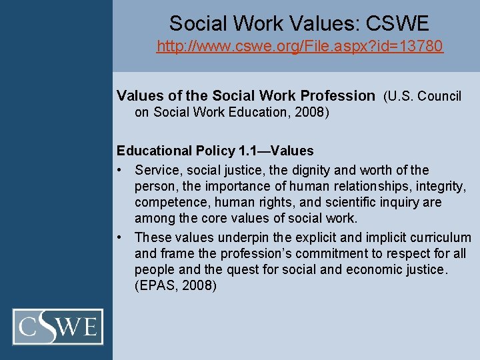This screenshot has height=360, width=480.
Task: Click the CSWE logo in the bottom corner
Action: [59, 327]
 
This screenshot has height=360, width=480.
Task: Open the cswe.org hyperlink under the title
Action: [299, 47]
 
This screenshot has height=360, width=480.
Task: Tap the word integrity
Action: [437, 187]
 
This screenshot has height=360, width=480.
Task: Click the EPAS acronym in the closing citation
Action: [157, 286]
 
